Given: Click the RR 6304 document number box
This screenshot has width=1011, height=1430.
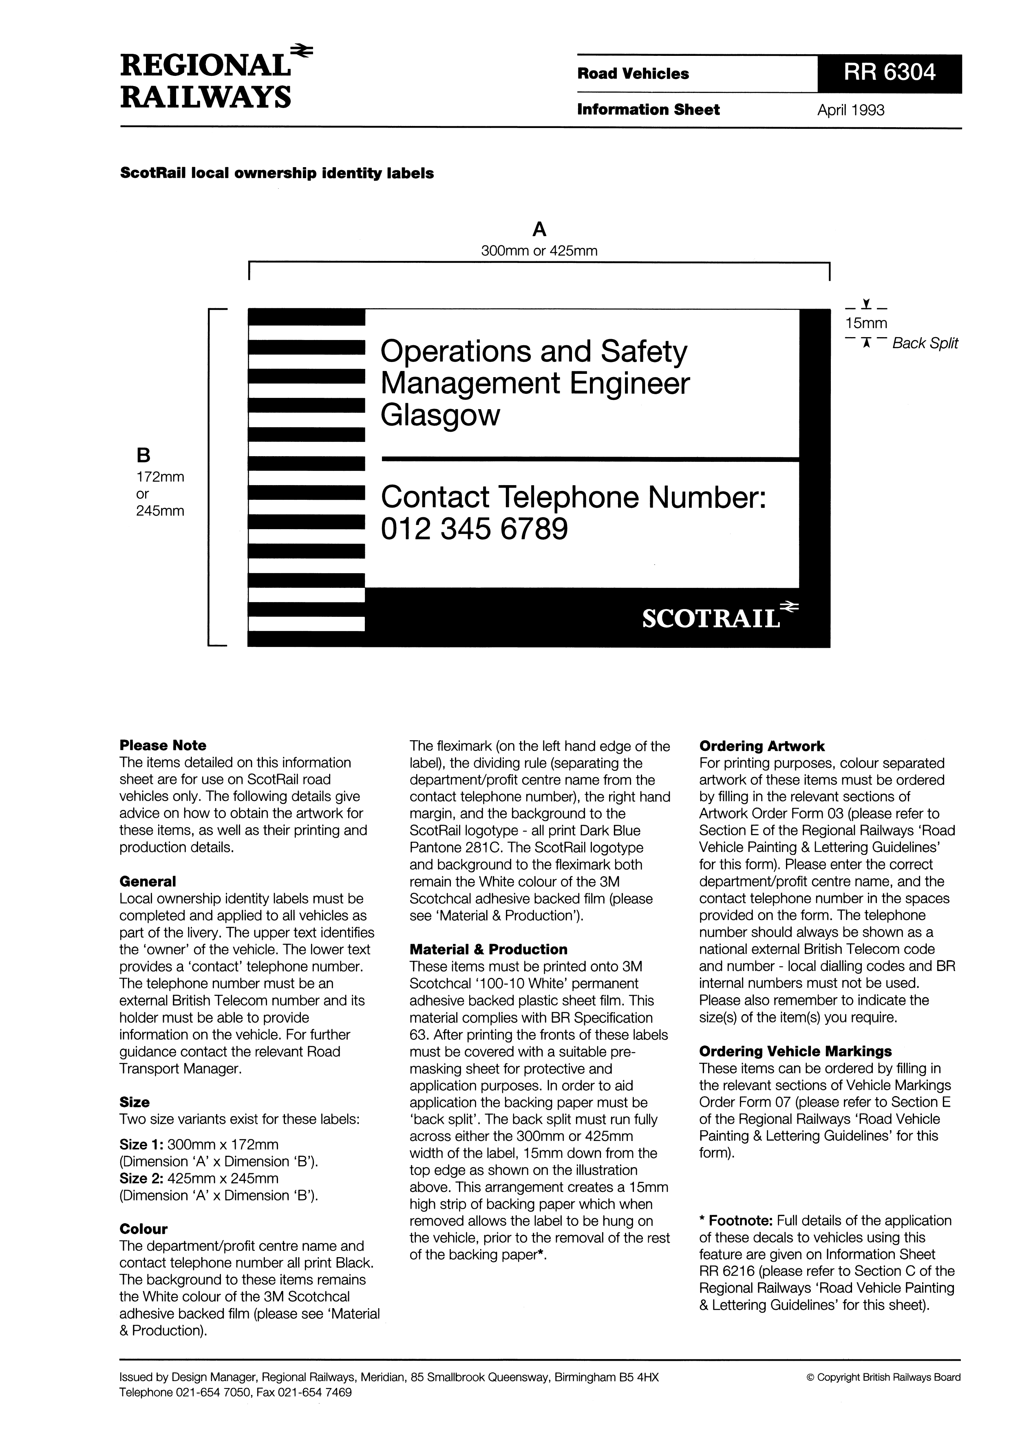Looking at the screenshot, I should click(x=889, y=73).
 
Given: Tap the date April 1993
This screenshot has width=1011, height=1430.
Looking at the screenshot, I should click(x=850, y=110).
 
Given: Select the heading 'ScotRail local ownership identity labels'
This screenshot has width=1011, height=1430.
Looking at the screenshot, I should click(x=276, y=173).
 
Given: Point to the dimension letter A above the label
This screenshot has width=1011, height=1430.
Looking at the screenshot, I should click(x=539, y=230).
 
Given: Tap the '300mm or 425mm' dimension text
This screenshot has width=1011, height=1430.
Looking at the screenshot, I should click(x=539, y=251).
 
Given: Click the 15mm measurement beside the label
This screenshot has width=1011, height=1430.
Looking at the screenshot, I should click(x=866, y=323).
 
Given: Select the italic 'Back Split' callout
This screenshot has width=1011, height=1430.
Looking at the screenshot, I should click(x=925, y=343).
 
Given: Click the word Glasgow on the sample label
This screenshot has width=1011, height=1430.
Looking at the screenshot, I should click(x=440, y=415).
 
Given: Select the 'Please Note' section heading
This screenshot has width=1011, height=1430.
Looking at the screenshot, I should click(x=163, y=746).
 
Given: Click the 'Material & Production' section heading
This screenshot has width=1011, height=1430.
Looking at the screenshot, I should click(x=488, y=949).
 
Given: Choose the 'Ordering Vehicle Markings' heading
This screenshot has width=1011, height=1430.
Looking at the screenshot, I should click(x=795, y=1051).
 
